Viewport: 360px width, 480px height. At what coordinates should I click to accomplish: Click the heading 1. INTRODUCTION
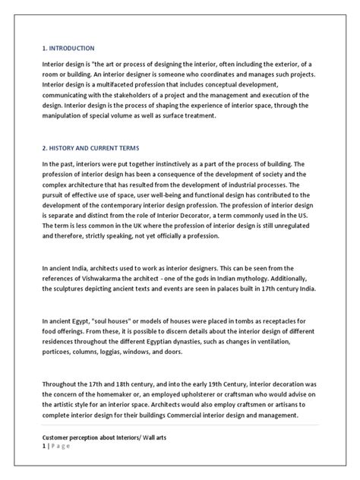(x=68, y=47)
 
